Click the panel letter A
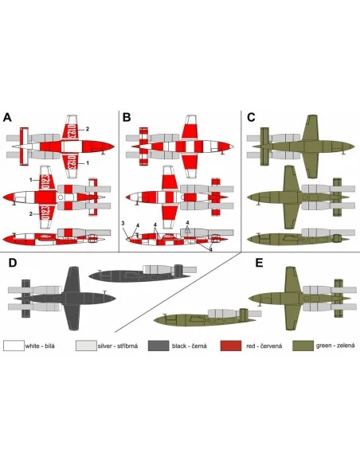tap(7, 117)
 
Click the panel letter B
tap(127, 117)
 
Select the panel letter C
tap(251, 117)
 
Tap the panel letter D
tap(13, 263)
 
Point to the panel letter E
tap(259, 263)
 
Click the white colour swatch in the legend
tap(14, 346)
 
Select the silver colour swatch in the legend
tap(86, 346)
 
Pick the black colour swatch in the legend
tap(158, 346)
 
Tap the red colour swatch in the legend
tap(231, 346)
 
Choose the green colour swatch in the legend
tap(303, 346)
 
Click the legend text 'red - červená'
tap(264, 346)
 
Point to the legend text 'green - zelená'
tap(335, 346)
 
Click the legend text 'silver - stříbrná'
tap(118, 346)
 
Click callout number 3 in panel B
tap(123, 223)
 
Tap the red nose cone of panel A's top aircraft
tap(105, 147)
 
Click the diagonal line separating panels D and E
tap(178, 292)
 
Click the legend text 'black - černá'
tap(190, 346)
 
